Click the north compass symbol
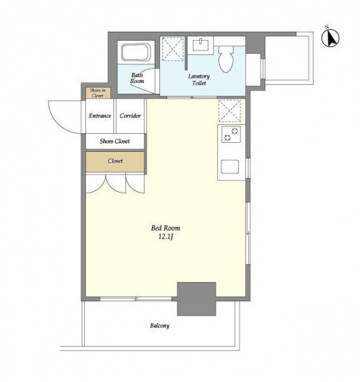point(330,37)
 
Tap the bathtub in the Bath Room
point(136,52)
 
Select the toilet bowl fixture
point(226,59)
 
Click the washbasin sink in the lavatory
point(201,45)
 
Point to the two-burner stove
point(231,134)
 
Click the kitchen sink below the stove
point(229,166)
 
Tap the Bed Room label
point(166,228)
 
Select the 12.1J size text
point(166,237)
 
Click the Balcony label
point(160,326)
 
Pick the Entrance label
point(100,115)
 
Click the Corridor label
point(130,115)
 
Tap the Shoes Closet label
point(115,141)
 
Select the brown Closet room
point(115,161)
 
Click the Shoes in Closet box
point(98,93)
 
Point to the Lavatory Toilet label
point(199,80)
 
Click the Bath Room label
point(137,78)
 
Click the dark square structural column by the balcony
point(196,299)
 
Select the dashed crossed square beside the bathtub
point(173,48)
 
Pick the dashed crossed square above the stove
point(230,110)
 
